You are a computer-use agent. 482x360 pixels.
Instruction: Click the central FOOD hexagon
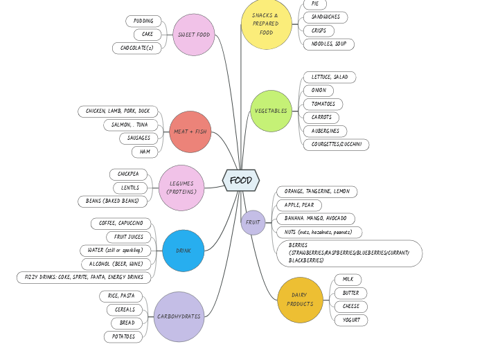click(241, 180)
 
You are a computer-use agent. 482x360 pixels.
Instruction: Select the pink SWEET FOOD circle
click(194, 35)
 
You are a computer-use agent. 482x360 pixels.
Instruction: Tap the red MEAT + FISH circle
click(190, 132)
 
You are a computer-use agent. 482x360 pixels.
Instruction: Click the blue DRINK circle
click(184, 251)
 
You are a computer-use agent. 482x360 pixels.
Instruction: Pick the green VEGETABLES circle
click(271, 111)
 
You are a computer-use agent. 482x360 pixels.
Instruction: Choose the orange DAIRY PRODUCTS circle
click(300, 300)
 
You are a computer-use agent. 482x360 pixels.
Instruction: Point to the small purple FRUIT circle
click(253, 222)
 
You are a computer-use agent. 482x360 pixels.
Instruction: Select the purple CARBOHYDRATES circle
click(179, 316)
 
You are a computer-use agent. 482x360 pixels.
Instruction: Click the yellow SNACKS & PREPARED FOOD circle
click(267, 24)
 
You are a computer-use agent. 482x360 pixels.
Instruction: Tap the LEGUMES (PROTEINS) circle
click(181, 188)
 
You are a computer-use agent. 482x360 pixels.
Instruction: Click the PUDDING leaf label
click(144, 21)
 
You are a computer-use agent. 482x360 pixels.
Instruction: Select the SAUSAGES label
click(139, 138)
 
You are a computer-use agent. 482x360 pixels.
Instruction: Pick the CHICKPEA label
click(128, 174)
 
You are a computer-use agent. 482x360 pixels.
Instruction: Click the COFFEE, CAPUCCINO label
click(120, 223)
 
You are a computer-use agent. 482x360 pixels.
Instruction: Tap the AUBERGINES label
click(325, 131)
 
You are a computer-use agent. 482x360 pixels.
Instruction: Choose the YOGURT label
click(351, 320)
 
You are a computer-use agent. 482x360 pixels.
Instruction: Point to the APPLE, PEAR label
click(299, 205)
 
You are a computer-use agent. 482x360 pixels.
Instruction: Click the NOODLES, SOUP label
click(329, 44)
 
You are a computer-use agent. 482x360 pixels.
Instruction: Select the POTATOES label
click(124, 336)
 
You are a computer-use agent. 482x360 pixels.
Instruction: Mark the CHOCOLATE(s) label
click(137, 48)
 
